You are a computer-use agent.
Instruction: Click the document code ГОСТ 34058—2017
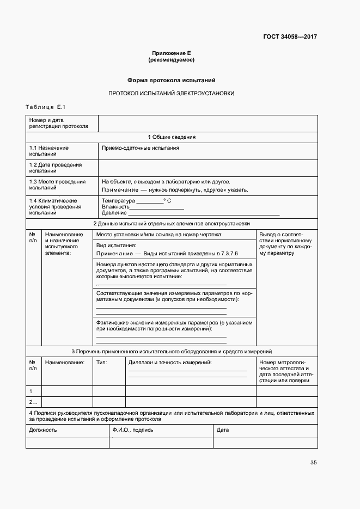click(290, 37)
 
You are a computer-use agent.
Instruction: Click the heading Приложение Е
click(172, 53)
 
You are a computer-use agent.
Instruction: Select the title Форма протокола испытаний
click(172, 80)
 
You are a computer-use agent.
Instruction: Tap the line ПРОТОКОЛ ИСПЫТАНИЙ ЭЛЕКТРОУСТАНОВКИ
click(172, 93)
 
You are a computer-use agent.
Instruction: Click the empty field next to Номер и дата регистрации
click(208, 123)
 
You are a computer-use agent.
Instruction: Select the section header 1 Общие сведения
click(172, 137)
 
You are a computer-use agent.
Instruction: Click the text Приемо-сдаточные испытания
click(141, 148)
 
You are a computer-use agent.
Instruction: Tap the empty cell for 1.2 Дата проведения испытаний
click(208, 168)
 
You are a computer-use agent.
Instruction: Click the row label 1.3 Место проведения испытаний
click(57, 185)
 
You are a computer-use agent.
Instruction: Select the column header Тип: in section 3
click(102, 363)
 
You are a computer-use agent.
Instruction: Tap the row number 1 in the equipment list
click(31, 391)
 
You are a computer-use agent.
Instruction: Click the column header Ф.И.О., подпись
click(133, 430)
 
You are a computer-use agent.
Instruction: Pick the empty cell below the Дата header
click(265, 443)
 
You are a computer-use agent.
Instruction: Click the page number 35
click(314, 463)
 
